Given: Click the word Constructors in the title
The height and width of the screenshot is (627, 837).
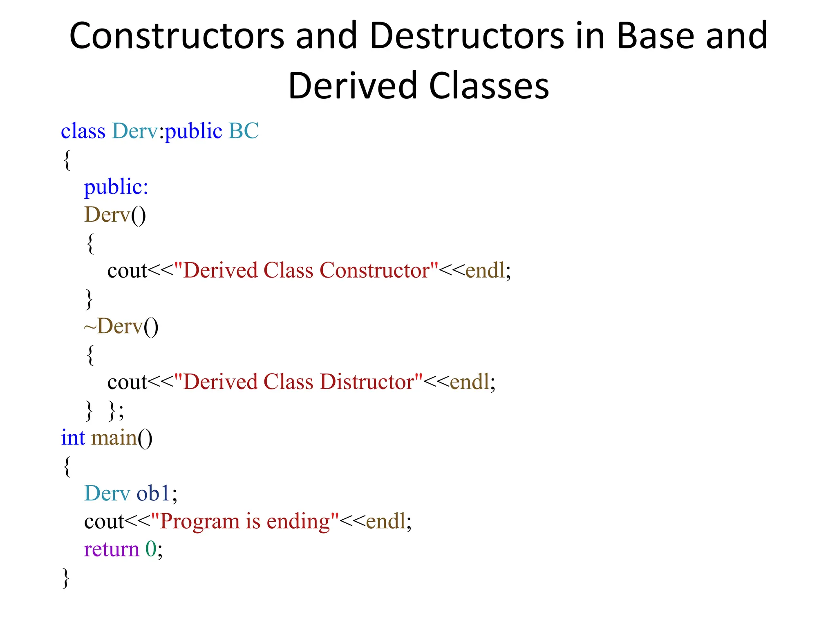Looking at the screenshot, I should [177, 36].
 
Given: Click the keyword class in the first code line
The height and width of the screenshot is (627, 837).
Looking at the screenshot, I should [83, 131].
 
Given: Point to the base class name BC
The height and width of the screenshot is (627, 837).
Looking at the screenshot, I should [244, 131].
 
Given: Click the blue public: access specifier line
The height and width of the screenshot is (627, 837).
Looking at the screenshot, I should [116, 187].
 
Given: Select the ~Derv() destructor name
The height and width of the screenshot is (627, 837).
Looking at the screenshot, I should [121, 327].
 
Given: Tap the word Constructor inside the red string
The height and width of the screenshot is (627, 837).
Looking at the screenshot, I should [374, 271].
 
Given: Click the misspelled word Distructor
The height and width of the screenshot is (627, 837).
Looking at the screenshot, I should [367, 382].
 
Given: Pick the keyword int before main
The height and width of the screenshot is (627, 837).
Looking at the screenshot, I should [73, 438].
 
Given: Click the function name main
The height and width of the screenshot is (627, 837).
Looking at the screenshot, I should [114, 438].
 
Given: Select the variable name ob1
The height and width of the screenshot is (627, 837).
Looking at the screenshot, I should [153, 494].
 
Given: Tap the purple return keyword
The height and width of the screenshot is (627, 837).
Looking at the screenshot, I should [112, 549].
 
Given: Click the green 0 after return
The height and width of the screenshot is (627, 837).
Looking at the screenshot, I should [151, 549].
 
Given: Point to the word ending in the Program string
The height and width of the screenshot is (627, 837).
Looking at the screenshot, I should [298, 522].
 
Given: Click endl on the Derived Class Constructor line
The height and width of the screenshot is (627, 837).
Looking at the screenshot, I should [485, 271].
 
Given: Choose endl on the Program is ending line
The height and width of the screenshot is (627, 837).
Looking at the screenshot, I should [386, 522].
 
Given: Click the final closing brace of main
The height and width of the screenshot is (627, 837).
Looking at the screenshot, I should [66, 578].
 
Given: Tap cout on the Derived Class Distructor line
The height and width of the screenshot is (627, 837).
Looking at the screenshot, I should [127, 382].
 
